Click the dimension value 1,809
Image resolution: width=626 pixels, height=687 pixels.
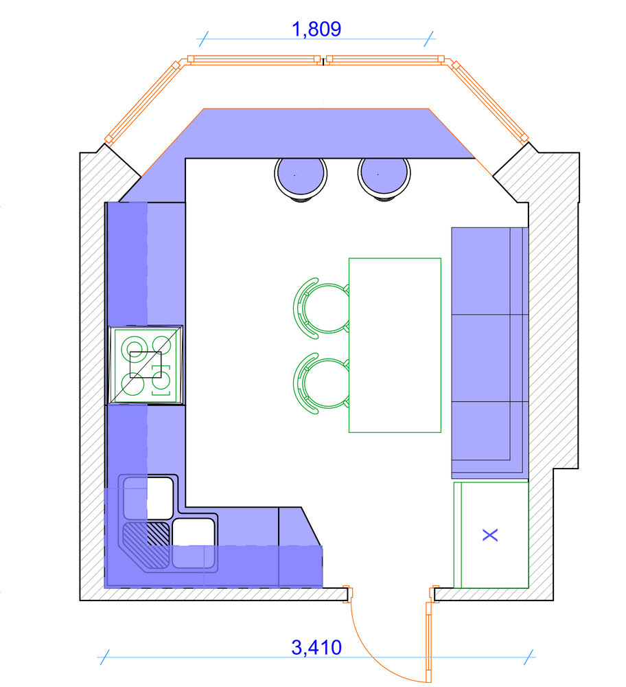pyautogui.click(x=316, y=29)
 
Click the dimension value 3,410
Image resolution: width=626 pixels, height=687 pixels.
pyautogui.click(x=316, y=648)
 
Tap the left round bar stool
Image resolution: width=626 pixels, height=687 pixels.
pyautogui.click(x=301, y=174)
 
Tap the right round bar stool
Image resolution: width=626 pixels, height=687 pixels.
pyautogui.click(x=384, y=174)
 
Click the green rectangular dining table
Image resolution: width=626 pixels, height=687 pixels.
pyautogui.click(x=395, y=346)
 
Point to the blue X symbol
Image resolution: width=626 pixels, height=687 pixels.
pyautogui.click(x=490, y=535)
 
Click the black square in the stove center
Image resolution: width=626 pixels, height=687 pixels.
pyautogui.click(x=146, y=365)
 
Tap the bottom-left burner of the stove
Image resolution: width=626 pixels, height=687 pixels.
pyautogui.click(x=132, y=384)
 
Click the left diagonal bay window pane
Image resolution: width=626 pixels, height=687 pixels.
pyautogui.click(x=142, y=102)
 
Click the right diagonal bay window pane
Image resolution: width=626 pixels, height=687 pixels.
pyautogui.click(x=490, y=102)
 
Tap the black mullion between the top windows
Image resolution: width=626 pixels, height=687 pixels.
pyautogui.click(x=323, y=61)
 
